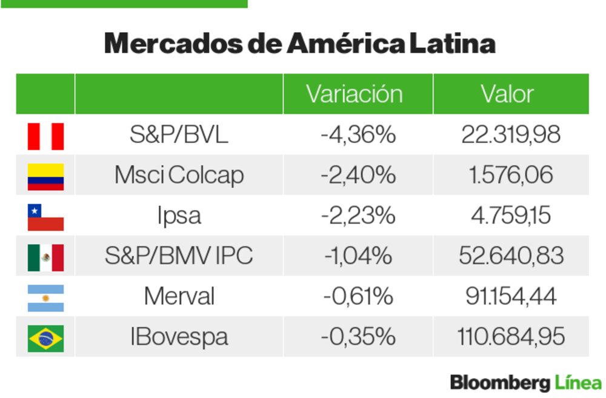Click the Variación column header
[354, 94]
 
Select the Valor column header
[507, 94]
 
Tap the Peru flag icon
[45, 136]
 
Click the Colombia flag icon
[45, 176]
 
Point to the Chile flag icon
[45, 217]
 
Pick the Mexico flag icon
[45, 257]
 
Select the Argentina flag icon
[45, 297]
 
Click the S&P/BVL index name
[179, 134]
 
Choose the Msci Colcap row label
[179, 175]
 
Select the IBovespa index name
[179, 337]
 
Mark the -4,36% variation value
[358, 134]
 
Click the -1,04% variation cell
[358, 256]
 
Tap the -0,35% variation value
[358, 337]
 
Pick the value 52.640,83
[511, 256]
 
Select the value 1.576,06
[511, 175]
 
